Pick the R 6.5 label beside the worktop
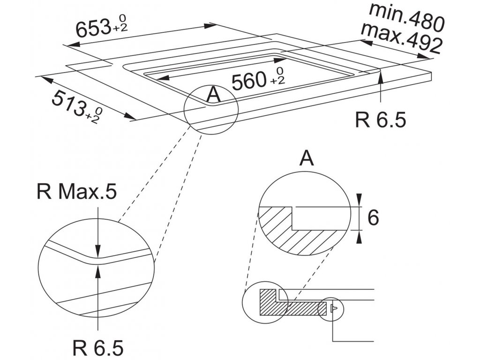pos(380,120)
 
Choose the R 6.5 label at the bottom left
pos(98,348)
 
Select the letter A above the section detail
pos(307,159)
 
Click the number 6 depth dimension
pos(373,218)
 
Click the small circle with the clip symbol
pos(331,308)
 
